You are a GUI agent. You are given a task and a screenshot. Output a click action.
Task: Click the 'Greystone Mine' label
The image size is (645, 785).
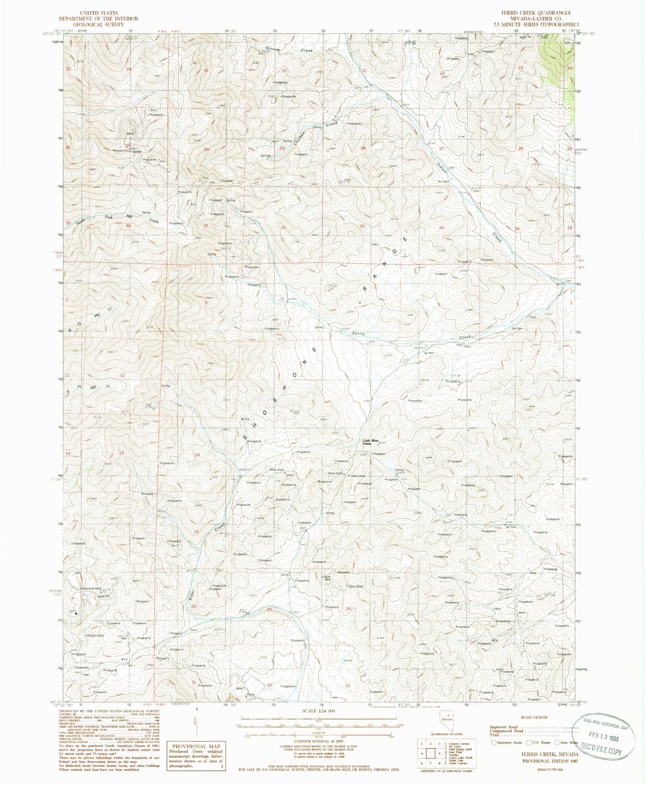click(91, 589)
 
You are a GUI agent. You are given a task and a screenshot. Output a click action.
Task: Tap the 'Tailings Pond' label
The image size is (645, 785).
click(94, 636)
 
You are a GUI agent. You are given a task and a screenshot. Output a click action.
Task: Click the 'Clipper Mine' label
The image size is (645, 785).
click(326, 578)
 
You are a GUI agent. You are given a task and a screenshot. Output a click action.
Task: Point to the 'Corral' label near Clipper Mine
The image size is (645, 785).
click(285, 575)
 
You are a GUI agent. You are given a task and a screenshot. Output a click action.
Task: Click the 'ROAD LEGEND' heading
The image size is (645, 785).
click(534, 718)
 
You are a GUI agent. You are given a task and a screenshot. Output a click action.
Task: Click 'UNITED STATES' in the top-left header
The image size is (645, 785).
click(98, 13)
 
